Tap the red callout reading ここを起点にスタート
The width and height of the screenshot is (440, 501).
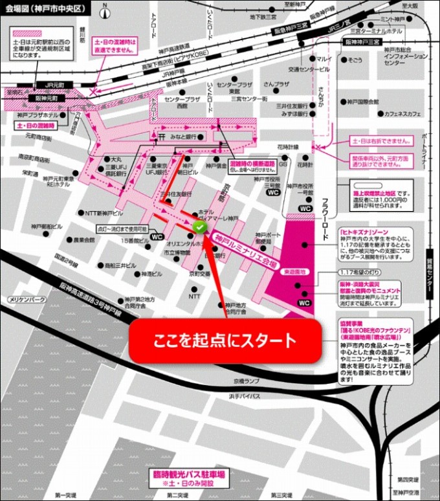[225, 341]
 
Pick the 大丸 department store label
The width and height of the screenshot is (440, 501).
[116, 159]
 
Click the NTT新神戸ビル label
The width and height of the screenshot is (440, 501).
[104, 212]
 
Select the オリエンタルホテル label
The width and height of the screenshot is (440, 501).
[184, 244]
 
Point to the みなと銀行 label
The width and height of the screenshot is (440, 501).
[182, 137]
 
